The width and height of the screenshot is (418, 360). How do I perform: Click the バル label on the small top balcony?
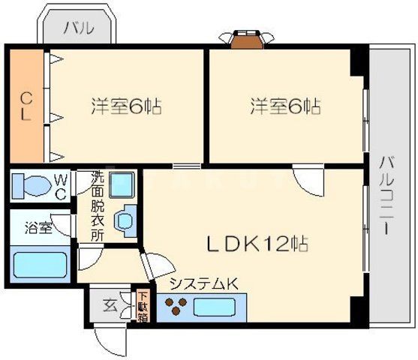pyautogui.click(x=78, y=28)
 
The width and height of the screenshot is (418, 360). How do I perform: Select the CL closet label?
pyautogui.click(x=25, y=106)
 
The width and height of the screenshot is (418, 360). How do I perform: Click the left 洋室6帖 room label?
pyautogui.click(x=126, y=106)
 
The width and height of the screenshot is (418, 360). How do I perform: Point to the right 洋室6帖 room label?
pyautogui.click(x=285, y=106)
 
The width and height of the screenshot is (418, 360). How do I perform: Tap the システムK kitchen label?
pyautogui.click(x=203, y=283)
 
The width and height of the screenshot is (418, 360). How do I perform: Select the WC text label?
pyautogui.click(x=61, y=185)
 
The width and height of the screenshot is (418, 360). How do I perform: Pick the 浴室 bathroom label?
pyautogui.click(x=38, y=227)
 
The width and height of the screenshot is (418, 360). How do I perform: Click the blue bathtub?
pyautogui.click(x=41, y=265)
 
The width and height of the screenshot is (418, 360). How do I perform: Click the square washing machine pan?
pyautogui.click(x=120, y=184)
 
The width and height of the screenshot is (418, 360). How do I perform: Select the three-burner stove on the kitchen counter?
pyautogui.click(x=177, y=305)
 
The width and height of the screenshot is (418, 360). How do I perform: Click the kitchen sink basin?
pyautogui.click(x=216, y=306)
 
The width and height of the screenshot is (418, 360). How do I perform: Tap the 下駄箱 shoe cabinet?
pyautogui.click(x=142, y=305)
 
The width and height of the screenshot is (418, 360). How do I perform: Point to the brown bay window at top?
pyautogui.click(x=246, y=39)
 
